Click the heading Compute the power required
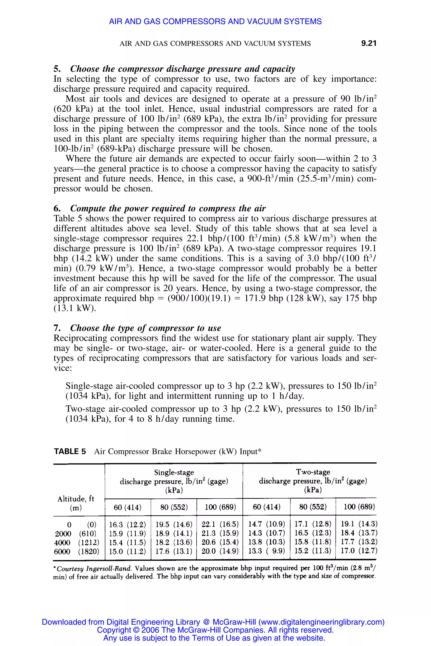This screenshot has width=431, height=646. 168,208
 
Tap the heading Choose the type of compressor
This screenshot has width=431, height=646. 145,328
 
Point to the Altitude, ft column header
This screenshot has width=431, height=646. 76,499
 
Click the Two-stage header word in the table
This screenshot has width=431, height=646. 313,472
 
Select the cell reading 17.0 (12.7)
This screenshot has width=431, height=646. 359,551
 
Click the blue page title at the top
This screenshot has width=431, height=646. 215,21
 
